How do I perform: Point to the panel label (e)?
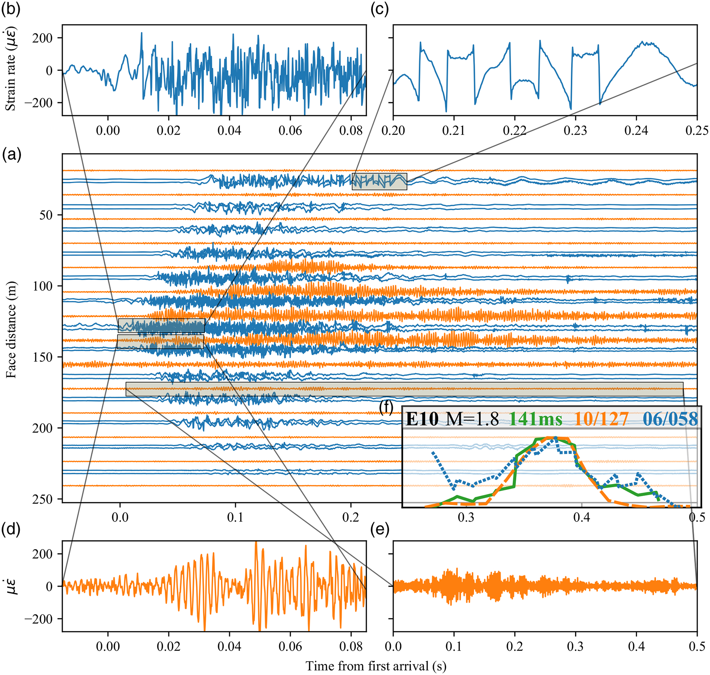click(379, 529)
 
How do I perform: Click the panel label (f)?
click(386, 408)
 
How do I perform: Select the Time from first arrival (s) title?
click(376, 666)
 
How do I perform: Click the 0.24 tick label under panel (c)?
click(636, 130)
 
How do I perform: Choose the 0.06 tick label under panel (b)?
click(290, 130)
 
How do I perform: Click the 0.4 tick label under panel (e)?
click(636, 646)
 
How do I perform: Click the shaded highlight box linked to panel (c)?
click(379, 181)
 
